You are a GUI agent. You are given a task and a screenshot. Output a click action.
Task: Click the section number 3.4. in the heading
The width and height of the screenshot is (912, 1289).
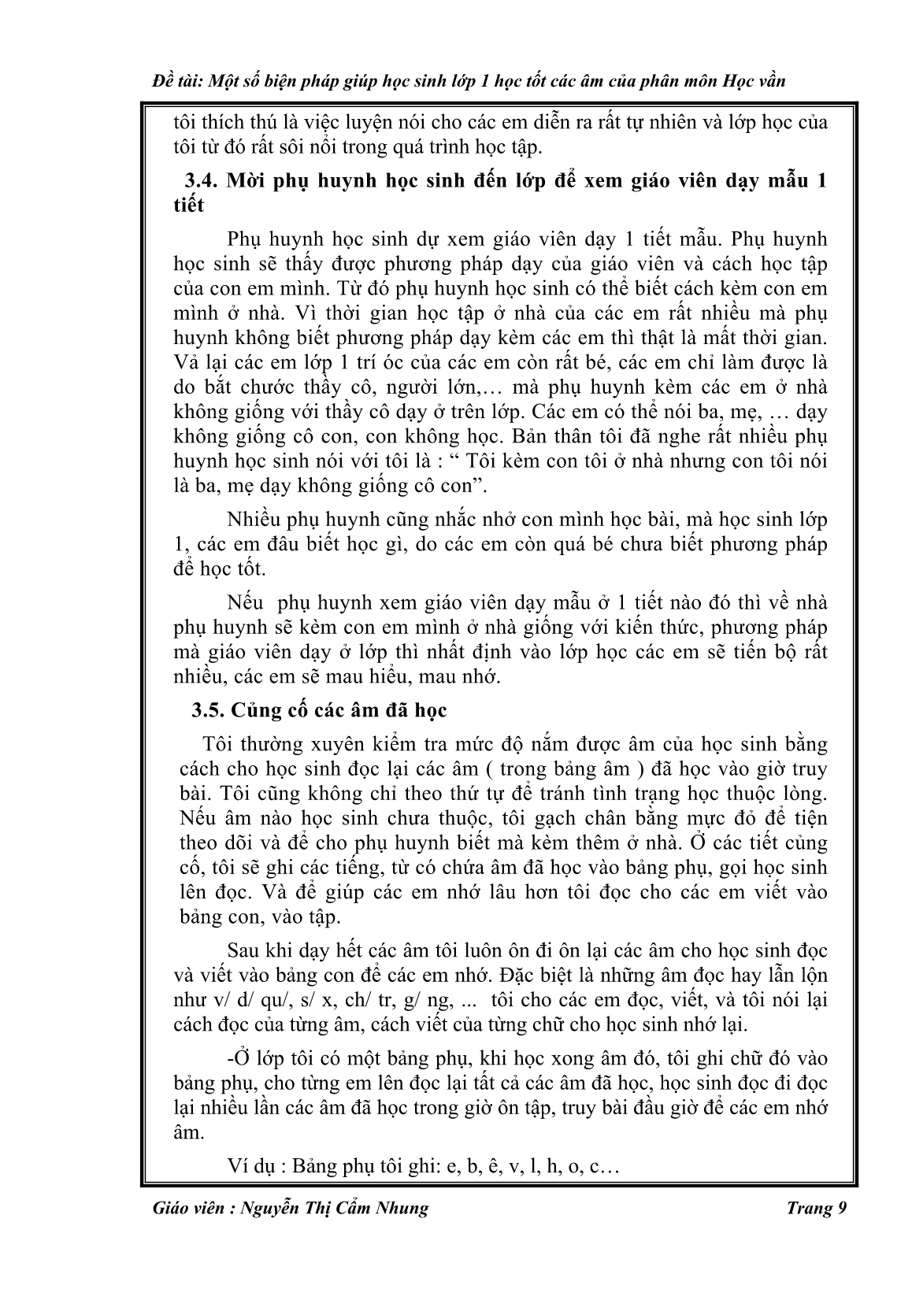pos(202,181)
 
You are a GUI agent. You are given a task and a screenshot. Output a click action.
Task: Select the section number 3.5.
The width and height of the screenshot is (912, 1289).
pos(209,710)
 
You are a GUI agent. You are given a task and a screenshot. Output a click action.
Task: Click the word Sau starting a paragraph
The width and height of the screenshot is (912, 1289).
pos(243,951)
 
